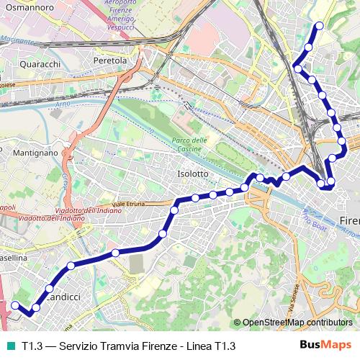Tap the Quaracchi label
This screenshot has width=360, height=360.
pos(40,63)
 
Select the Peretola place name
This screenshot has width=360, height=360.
pos(110,61)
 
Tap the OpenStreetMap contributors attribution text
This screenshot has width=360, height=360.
pos(298,323)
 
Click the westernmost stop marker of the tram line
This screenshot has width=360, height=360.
pos(14,305)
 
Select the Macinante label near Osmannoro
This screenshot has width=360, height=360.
pos(19,43)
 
